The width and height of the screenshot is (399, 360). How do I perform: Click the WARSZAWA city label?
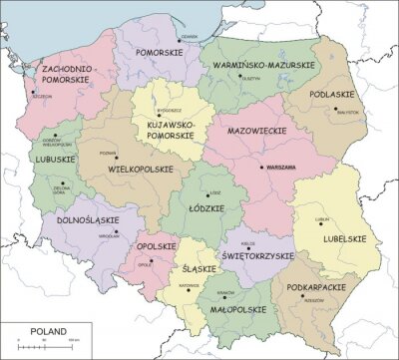[281, 168]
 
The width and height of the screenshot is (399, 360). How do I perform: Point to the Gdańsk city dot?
[204, 36]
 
